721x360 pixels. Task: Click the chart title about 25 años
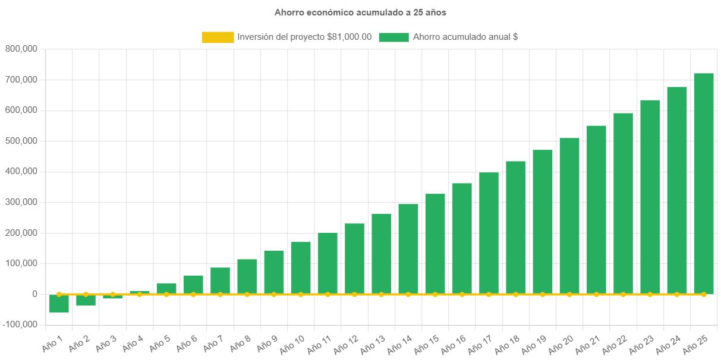[x=360, y=12]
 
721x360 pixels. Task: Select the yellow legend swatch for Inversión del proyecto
[x=218, y=37]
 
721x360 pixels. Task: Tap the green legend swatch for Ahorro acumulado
[x=393, y=37]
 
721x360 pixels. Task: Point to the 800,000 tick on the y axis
[x=21, y=49]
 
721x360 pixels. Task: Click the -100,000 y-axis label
[x=19, y=324]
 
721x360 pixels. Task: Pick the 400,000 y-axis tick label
[x=21, y=171]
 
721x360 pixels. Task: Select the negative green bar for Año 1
[x=59, y=304]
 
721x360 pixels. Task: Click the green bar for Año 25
[x=704, y=184]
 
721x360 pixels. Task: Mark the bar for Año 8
[x=247, y=277]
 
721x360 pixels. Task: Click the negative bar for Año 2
[x=86, y=301]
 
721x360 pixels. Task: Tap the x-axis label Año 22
[x=615, y=344]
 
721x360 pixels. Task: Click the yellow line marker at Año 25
[x=704, y=294]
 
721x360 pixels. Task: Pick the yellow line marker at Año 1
[x=59, y=294]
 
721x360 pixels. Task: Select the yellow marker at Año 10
[x=301, y=294]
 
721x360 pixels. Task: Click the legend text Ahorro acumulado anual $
[x=465, y=37]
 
